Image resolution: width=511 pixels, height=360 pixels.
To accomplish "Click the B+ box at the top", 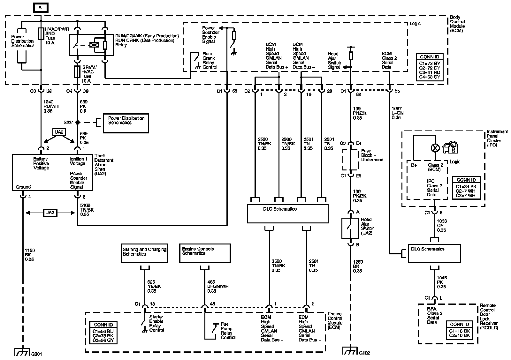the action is pos(41,8).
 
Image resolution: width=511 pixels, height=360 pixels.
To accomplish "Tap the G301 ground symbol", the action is pos(22,352).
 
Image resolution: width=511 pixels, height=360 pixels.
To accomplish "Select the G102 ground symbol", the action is pos(350,351).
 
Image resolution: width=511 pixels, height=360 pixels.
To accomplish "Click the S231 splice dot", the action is pos(78,123).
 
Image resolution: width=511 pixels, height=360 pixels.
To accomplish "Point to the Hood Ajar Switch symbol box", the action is pos(350,228).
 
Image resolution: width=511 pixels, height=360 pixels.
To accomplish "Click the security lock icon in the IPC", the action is pos(450,147).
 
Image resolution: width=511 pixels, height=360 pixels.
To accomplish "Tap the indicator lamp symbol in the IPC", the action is pos(435,148).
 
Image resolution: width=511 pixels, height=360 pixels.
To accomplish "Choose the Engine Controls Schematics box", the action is pos(205,253).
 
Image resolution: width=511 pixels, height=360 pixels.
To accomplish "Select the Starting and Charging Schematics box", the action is pos(145,253).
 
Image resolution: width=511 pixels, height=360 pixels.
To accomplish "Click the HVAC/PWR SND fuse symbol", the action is pos(41,34).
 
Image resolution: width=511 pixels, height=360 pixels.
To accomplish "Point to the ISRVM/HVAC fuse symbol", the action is pos(77,71).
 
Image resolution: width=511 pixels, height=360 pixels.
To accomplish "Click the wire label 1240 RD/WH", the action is pos(51,106).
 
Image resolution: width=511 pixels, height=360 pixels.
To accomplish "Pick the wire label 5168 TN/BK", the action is pos(87,210).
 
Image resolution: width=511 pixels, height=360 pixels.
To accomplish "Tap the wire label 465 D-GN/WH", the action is pos(218,286).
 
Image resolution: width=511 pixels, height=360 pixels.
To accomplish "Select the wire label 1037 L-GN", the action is pos(398,113).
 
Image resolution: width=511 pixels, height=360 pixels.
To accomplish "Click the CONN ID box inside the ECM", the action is pos(103,333).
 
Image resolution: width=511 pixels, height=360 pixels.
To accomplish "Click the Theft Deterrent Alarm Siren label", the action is pos(104,165).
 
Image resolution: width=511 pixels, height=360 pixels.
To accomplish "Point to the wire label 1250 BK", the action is pos(358,266).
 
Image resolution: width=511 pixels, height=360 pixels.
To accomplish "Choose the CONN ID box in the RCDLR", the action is pos(459,330).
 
